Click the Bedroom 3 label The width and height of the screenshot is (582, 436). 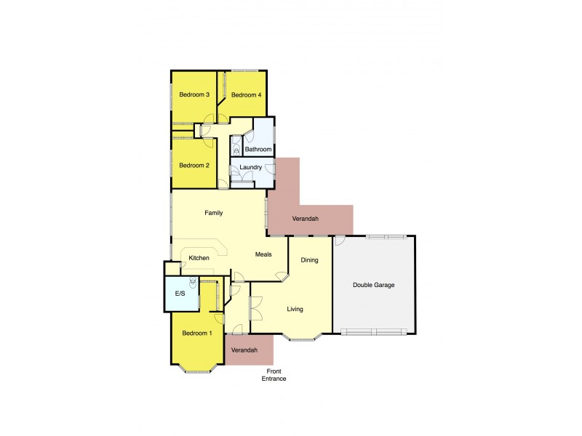(194, 94)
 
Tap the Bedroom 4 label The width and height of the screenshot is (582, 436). (245, 95)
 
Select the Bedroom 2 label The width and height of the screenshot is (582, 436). (194, 165)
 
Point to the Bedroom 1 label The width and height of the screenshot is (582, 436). (196, 334)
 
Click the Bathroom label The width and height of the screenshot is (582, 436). (258, 150)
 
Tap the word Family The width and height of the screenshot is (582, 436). (213, 213)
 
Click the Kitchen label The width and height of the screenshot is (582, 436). (199, 258)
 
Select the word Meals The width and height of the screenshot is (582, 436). (263, 254)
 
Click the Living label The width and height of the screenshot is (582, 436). (295, 309)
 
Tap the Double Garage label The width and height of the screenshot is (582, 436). (373, 285)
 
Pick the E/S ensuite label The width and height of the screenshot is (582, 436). (180, 294)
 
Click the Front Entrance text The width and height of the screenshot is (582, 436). (274, 375)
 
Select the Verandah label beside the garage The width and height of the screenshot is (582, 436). (305, 218)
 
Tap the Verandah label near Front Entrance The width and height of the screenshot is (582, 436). (244, 350)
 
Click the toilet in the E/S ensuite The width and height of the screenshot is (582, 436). (192, 283)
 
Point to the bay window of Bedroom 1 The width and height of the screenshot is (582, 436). (197, 368)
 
